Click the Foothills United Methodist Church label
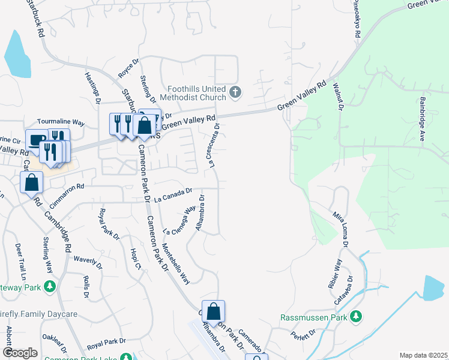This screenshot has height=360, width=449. tap(188, 92)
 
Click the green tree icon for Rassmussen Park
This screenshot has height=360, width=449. tap(356, 316)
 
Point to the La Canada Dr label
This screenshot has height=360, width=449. tap(173, 195)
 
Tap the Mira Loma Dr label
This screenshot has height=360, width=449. tap(340, 227)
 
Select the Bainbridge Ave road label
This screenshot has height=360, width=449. tap(423, 119)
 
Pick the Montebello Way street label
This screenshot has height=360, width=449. tap(175, 263)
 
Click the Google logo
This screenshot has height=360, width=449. tap(20, 353)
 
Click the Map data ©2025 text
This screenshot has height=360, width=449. tap(423, 355)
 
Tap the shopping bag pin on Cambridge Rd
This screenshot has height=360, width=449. tap(31, 182)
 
